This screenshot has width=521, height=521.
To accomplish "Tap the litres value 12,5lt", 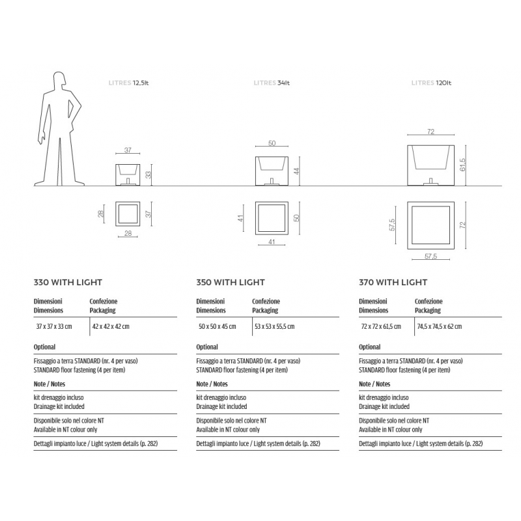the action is click(x=141, y=83).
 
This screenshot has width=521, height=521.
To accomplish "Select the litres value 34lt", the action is click(x=283, y=83).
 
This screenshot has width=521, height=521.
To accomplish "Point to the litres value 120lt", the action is click(x=444, y=83).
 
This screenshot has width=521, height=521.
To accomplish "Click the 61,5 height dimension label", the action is click(x=462, y=165).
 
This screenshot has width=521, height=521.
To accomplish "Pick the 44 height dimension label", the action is click(x=297, y=171).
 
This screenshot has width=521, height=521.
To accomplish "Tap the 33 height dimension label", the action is click(x=148, y=175).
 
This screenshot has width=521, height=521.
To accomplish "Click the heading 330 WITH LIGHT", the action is click(x=68, y=283).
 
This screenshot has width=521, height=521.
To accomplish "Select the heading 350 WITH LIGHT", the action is click(x=231, y=283).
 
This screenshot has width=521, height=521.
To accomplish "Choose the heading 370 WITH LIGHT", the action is click(x=393, y=283).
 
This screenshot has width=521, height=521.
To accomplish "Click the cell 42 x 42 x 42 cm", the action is click(x=111, y=327).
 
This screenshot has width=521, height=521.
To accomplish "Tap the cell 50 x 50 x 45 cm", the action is click(x=218, y=327).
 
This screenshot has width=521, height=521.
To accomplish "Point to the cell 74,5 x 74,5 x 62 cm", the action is click(x=439, y=327).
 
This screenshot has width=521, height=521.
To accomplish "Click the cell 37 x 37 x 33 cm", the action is click(x=54, y=327).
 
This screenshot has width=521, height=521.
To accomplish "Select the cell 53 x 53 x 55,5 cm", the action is click(x=274, y=327).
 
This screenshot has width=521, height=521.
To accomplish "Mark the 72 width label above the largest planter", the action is click(x=430, y=132).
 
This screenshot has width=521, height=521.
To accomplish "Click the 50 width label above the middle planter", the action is click(x=272, y=143).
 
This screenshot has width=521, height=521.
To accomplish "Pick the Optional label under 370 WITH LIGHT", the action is click(x=369, y=347).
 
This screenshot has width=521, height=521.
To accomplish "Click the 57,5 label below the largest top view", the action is click(x=430, y=256).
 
